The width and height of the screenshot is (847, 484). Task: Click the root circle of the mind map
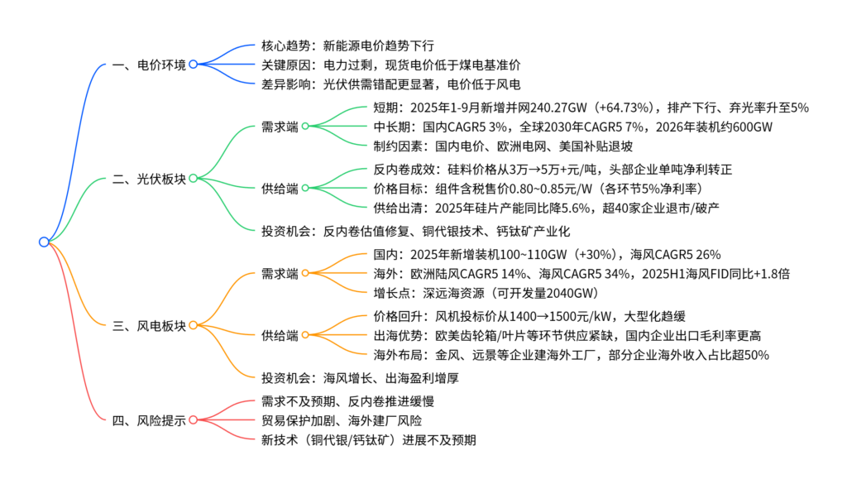(44, 242)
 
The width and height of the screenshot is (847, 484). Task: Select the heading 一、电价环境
(148, 64)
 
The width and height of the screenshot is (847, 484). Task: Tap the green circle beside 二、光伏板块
(193, 178)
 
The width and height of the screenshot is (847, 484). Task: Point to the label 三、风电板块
(148, 324)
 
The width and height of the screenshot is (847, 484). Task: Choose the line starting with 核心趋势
(347, 45)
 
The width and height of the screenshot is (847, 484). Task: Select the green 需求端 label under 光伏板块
(280, 127)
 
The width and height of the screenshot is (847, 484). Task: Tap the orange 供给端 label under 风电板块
(280, 335)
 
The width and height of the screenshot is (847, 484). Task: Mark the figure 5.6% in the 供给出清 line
(595, 206)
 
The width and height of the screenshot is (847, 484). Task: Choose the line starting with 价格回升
(529, 316)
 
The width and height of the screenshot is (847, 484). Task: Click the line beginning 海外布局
(572, 355)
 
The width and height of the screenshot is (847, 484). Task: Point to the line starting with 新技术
(368, 439)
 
